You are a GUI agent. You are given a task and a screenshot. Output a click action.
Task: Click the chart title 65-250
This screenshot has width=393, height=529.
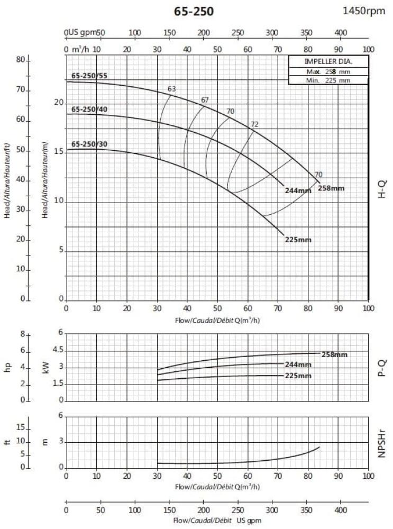[x=194, y=11]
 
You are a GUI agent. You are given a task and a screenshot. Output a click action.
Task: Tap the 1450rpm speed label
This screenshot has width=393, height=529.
[x=364, y=11]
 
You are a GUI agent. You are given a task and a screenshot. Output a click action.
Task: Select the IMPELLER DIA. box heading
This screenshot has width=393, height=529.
[x=328, y=61]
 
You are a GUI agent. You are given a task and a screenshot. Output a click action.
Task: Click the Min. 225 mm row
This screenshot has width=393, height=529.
[x=328, y=80]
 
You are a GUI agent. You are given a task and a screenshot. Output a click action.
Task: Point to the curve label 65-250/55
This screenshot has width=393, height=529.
[x=89, y=76]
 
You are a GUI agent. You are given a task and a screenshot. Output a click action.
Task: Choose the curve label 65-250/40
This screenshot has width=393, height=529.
[x=89, y=109]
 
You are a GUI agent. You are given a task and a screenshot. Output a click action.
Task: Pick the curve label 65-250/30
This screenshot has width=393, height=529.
[x=89, y=144]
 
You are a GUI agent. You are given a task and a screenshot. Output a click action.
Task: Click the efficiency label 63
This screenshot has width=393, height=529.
[x=171, y=89]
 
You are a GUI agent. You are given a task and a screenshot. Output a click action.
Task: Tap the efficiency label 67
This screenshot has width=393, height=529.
[x=205, y=101]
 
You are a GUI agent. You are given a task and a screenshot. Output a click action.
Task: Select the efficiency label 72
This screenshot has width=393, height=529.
[x=254, y=124]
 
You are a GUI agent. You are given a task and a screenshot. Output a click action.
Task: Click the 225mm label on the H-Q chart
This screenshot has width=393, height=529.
[x=298, y=240]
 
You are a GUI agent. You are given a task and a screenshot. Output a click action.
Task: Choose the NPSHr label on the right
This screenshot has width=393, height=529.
[x=382, y=442]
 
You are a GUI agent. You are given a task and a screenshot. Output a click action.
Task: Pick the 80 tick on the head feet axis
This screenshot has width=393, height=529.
[x=21, y=60]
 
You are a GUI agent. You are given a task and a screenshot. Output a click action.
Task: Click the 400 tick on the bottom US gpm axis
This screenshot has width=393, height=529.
[x=341, y=510]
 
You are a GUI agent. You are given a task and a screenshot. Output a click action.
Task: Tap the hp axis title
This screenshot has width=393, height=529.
[x=8, y=367]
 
